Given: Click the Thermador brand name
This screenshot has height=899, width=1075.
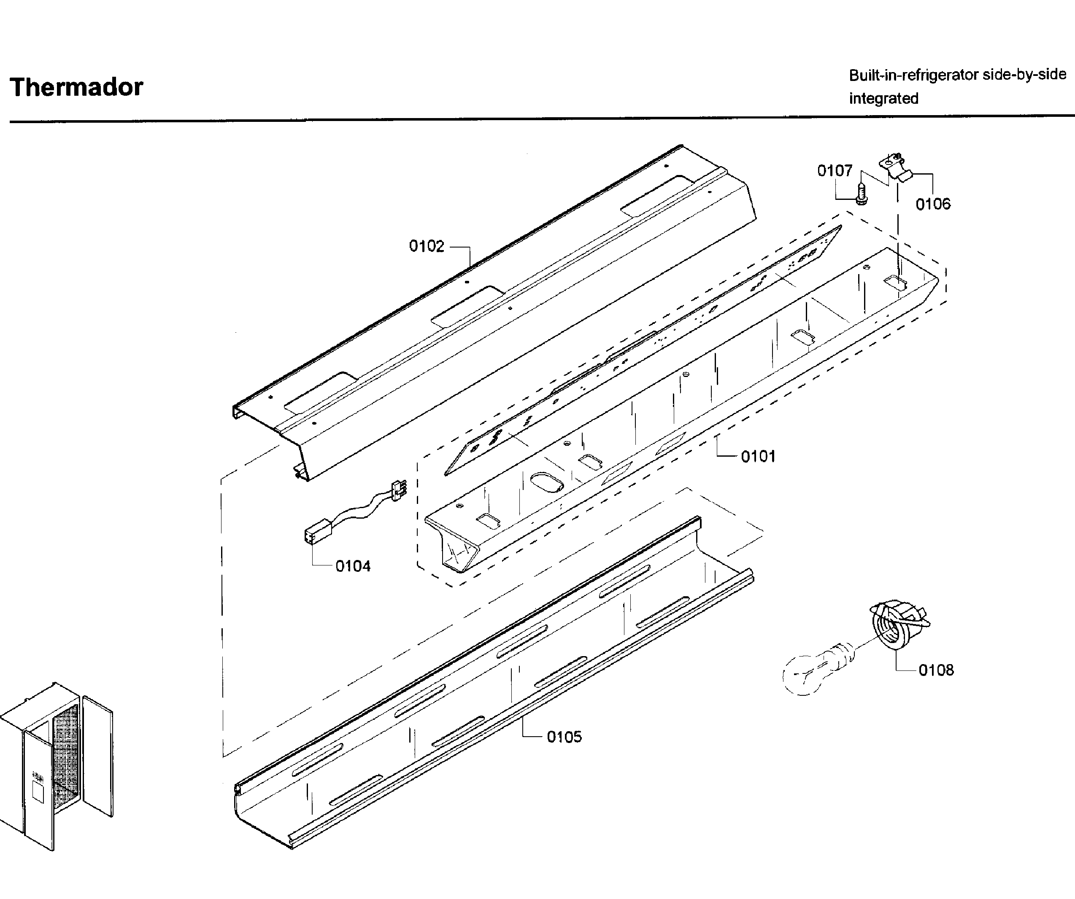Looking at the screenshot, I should [76, 87].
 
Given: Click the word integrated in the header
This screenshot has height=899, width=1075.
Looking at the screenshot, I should [883, 98].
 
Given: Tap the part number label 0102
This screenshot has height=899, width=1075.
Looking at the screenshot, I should [427, 246].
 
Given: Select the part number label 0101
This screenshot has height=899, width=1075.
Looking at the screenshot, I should [758, 456].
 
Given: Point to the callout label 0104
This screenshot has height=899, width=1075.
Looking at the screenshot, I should [353, 566].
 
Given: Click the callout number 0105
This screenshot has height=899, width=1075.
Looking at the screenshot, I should [564, 737].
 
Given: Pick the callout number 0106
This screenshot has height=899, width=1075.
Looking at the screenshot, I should [933, 204].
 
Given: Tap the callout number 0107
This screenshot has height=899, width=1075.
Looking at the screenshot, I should [835, 170].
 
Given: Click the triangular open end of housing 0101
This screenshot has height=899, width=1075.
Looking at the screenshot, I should [455, 553].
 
